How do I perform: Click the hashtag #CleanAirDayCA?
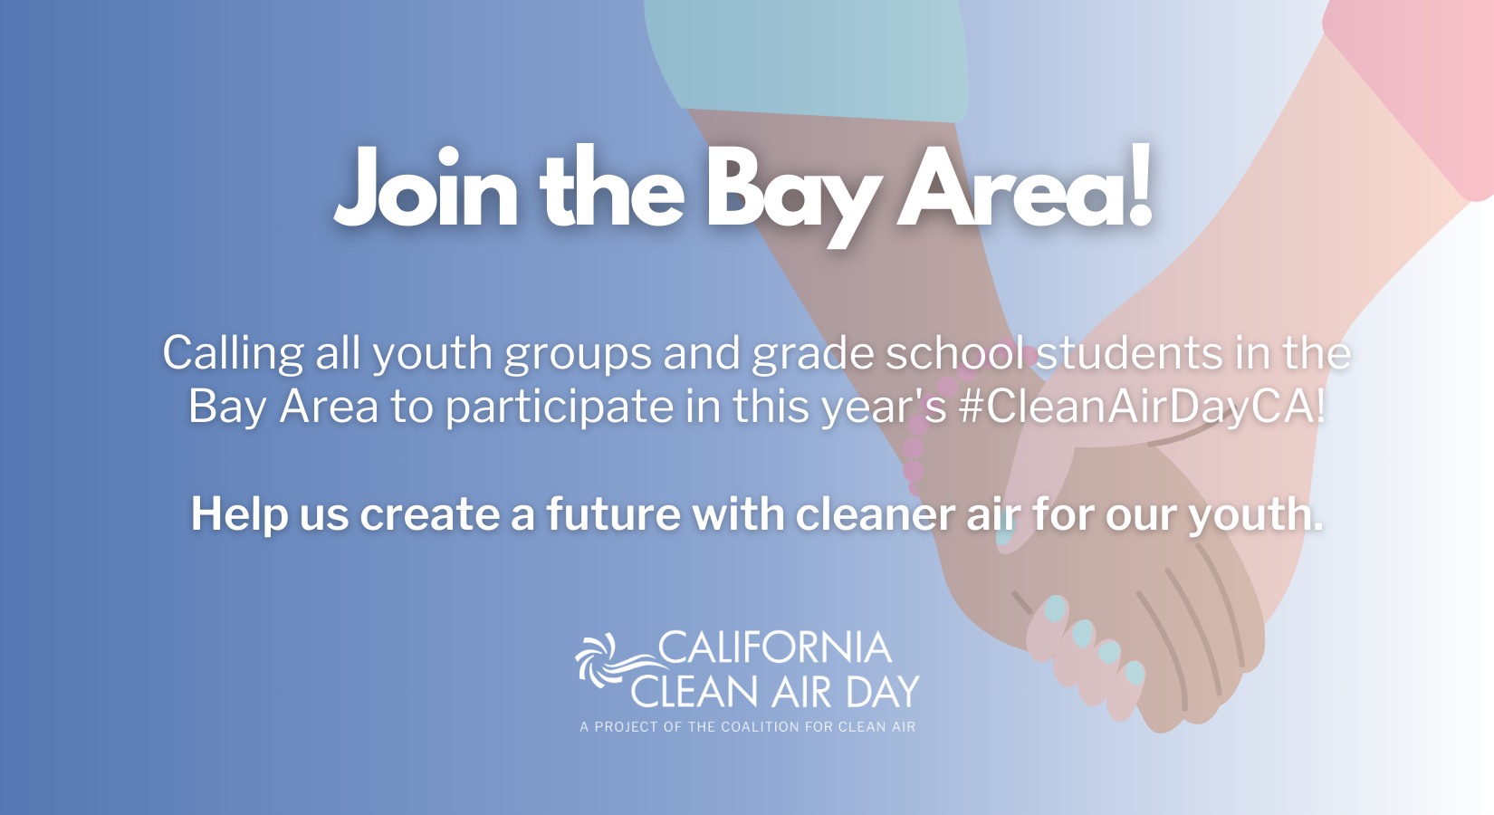[1142, 407]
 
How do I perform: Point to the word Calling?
[233, 353]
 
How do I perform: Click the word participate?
[559, 407]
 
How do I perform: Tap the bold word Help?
[239, 515]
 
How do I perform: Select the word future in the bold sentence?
[613, 515]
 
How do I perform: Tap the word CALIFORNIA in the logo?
[775, 647]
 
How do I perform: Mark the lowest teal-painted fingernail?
[1135, 672]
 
